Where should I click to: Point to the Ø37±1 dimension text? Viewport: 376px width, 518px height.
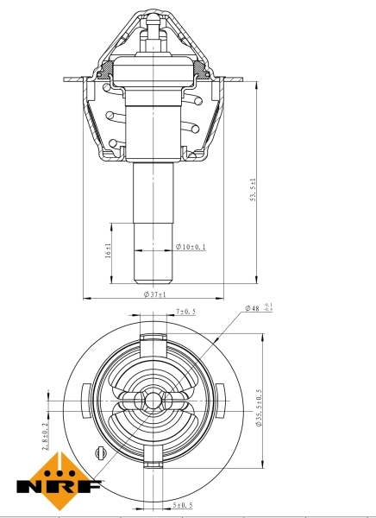pos(155,295)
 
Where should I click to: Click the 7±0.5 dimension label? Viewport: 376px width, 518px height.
pos(186,311)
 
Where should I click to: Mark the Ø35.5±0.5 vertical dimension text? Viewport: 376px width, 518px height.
pos(258,408)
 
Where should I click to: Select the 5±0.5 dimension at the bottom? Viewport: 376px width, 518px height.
pos(183,505)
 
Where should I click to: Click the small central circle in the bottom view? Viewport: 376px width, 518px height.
pos(154,401)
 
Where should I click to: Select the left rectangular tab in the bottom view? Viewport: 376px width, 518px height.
pos(84,401)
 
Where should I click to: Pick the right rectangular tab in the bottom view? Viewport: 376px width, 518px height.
pos(223,401)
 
